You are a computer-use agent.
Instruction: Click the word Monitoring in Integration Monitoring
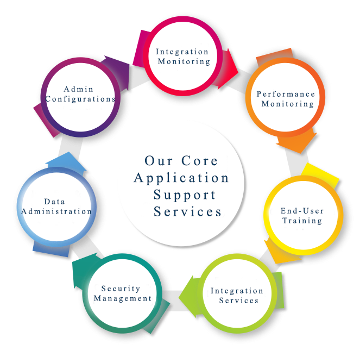point(182,61)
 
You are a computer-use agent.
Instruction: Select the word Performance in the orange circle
point(286,94)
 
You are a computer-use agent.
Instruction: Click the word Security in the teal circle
point(121,289)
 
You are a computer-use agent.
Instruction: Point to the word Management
point(123,298)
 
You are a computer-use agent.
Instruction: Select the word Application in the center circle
point(181,178)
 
